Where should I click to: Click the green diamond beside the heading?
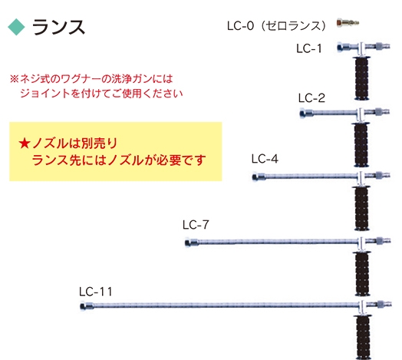click(x=16, y=27)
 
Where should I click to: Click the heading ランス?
click(x=58, y=27)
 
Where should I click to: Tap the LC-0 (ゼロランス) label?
click(x=277, y=25)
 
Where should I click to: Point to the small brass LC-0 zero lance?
click(x=348, y=23)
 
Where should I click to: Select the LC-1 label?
click(x=309, y=48)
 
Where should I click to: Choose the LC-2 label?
click(x=311, y=98)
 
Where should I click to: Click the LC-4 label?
click(x=265, y=159)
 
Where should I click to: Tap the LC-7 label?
click(x=196, y=225)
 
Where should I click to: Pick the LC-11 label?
click(x=95, y=292)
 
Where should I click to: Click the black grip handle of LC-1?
click(x=361, y=78)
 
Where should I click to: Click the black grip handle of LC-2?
click(x=361, y=144)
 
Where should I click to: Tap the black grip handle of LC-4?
click(x=361, y=208)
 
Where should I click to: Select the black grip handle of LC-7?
click(x=362, y=274)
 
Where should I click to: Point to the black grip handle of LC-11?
click(x=363, y=337)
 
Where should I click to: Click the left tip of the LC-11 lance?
click(x=81, y=306)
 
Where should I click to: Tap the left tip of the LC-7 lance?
click(x=186, y=243)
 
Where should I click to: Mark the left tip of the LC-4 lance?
click(x=253, y=177)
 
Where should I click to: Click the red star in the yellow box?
click(x=25, y=144)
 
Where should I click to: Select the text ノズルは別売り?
click(x=75, y=144)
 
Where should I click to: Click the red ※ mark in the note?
click(x=14, y=79)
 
